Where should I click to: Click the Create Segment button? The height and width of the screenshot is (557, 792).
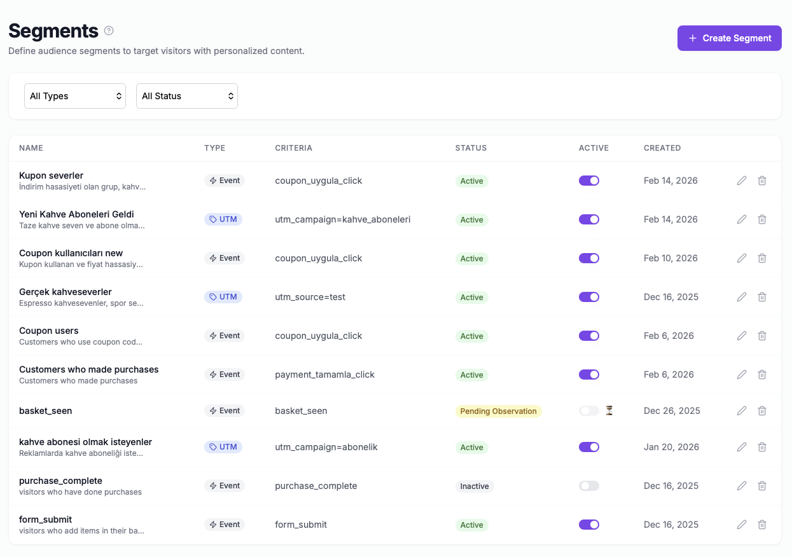point(729,38)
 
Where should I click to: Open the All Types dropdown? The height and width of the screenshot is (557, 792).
point(75,96)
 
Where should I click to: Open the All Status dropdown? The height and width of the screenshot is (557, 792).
point(187,96)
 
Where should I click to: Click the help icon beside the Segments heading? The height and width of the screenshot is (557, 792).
point(109,31)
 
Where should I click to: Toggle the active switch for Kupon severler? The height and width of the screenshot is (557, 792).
point(589,181)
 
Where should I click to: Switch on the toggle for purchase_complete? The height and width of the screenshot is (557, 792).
point(589,486)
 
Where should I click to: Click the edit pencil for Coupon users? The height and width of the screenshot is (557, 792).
point(742,336)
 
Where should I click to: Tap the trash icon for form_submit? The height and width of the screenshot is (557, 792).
point(762,525)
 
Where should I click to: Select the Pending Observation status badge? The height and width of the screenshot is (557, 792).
point(498,411)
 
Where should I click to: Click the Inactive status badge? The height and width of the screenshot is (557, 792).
point(475,486)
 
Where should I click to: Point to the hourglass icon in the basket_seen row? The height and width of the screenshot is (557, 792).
point(609,411)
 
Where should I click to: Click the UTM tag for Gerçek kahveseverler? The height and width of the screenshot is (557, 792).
point(223,297)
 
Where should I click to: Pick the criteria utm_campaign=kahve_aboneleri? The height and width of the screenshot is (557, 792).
point(342,219)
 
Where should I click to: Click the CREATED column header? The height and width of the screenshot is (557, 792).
point(662,148)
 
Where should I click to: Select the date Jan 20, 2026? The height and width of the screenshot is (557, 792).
point(671,447)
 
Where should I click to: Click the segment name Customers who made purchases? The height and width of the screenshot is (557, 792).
point(89,369)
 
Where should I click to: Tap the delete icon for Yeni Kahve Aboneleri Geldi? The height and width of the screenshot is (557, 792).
point(762,219)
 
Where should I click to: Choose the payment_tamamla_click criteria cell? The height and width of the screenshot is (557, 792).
point(324,375)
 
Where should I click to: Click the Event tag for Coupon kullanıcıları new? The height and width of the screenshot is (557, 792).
point(225,258)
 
